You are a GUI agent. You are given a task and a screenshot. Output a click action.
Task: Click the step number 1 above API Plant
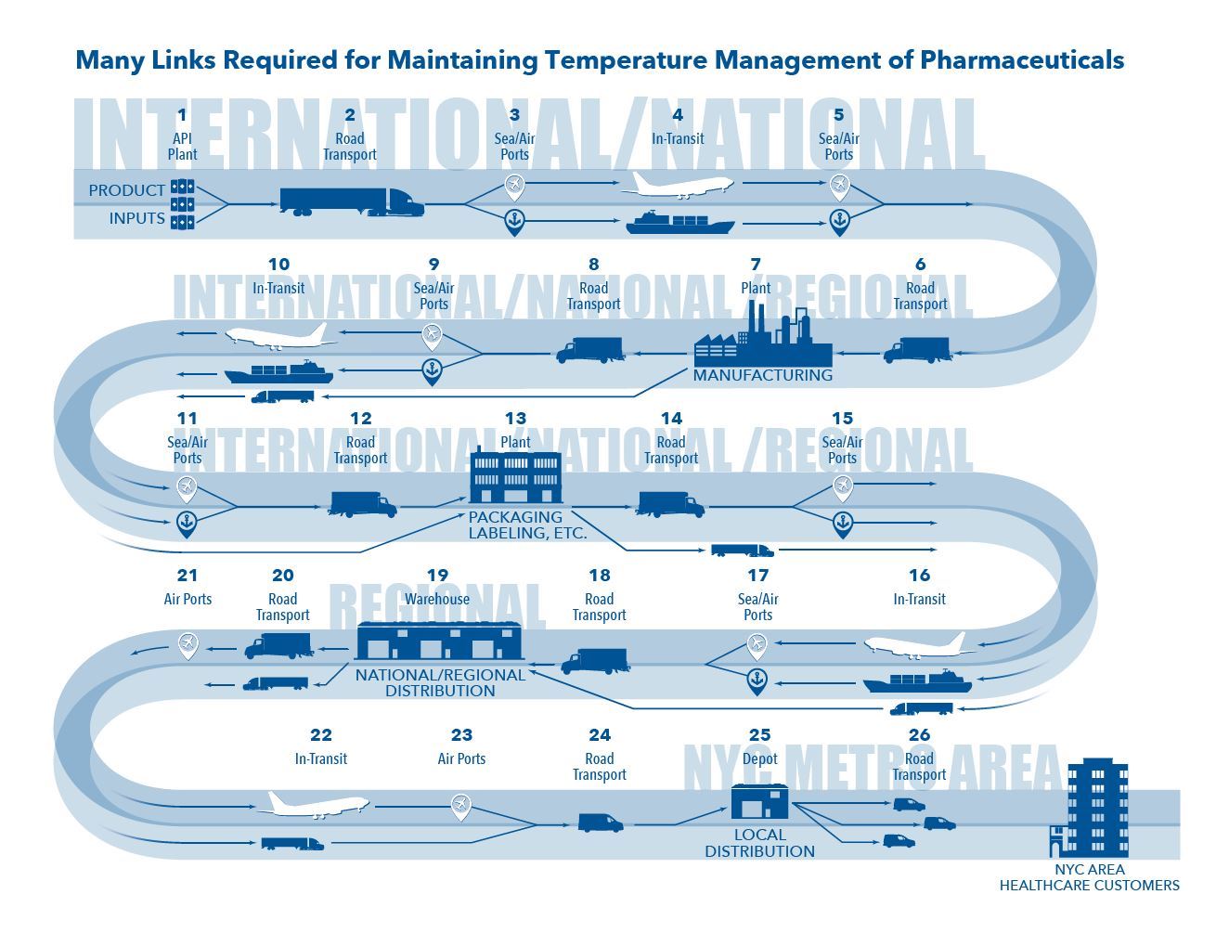coord(182,115)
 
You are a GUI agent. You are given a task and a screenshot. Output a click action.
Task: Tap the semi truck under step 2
coord(352,201)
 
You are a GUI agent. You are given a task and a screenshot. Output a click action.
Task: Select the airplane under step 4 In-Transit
coord(677,185)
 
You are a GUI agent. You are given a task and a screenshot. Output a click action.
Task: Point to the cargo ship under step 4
coord(679,223)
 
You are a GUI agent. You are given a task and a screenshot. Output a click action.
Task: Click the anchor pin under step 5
coord(839,222)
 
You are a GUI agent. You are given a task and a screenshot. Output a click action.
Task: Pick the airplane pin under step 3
coord(514,187)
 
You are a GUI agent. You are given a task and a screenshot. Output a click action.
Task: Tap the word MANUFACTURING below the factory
coord(762,375)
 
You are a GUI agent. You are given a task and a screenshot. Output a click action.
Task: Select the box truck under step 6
coord(917,350)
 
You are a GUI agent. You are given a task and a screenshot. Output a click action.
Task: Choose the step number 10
coord(278,264)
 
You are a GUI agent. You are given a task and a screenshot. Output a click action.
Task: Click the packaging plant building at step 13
coord(516,475)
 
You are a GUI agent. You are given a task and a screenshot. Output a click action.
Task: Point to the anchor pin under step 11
coord(187,525)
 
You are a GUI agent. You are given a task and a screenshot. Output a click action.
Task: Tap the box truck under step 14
coord(669,504)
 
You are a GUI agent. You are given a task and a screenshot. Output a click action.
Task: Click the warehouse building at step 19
coord(439,641)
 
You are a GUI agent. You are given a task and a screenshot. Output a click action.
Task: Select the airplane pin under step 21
coord(188,646)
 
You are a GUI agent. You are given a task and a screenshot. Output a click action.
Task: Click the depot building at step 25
coord(759,801)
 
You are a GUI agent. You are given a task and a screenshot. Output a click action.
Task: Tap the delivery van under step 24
coord(600,823)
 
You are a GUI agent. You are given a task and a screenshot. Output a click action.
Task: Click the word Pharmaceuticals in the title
coord(1022,60)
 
